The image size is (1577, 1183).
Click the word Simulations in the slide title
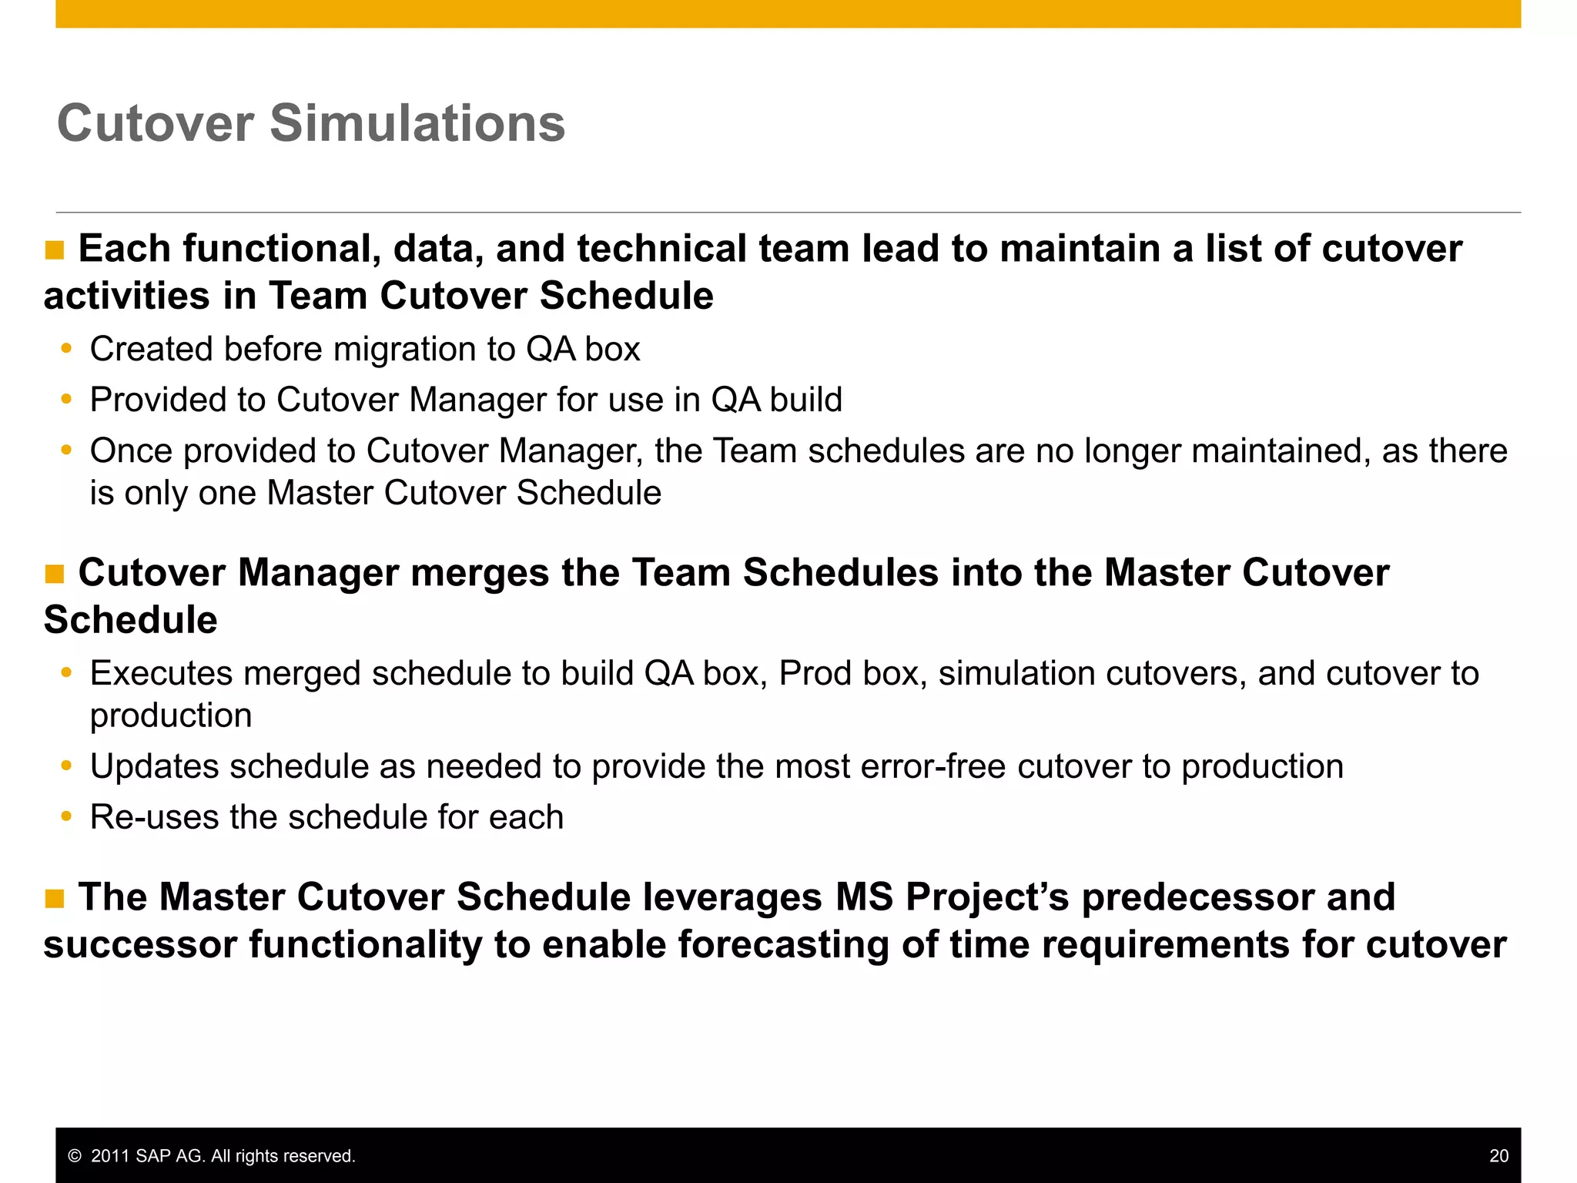[417, 123]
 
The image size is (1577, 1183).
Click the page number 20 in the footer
[1498, 1155]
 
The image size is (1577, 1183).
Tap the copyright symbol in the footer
[75, 1156]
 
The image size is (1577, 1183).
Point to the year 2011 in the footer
[110, 1156]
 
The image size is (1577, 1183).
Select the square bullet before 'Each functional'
[55, 250]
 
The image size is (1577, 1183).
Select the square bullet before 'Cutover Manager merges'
[55, 575]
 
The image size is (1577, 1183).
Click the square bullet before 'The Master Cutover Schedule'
[55, 899]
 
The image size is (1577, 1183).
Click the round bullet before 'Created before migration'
[67, 349]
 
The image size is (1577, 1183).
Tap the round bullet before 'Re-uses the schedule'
[67, 816]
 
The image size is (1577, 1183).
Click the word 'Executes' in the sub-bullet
[161, 673]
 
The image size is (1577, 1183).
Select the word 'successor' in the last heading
[140, 945]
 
